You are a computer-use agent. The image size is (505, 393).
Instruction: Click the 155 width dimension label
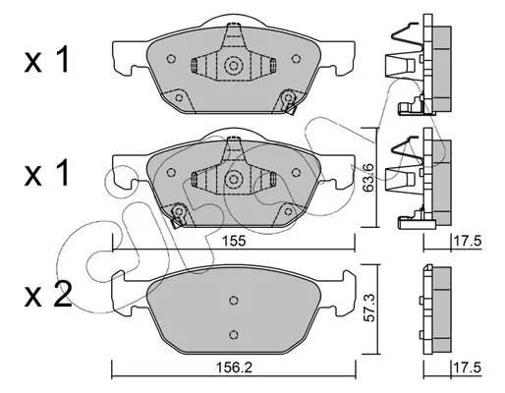234,241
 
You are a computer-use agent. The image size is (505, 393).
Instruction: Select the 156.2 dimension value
234,367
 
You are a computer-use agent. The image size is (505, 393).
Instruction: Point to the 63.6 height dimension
368,177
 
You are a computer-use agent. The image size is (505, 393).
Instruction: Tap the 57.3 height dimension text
368,308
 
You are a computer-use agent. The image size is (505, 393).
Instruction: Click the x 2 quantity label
48,295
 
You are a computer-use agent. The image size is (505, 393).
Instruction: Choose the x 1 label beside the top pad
47,59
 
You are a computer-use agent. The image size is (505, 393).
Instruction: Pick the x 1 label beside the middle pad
47,173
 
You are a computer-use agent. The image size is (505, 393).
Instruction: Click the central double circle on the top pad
233,66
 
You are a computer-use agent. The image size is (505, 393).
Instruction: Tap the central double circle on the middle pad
233,179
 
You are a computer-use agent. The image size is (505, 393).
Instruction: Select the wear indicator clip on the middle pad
178,215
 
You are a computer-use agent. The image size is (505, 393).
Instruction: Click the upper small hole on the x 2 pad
233,300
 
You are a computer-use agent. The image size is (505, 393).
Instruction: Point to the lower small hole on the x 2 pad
233,335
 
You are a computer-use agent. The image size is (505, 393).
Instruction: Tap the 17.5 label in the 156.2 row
467,367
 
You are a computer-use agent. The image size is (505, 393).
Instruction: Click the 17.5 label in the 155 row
467,241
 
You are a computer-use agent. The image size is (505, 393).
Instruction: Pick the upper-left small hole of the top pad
171,59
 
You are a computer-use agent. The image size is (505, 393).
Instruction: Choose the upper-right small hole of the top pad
296,59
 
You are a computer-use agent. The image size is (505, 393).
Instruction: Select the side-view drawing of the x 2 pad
435,309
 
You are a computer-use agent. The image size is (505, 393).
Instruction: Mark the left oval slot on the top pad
194,65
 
